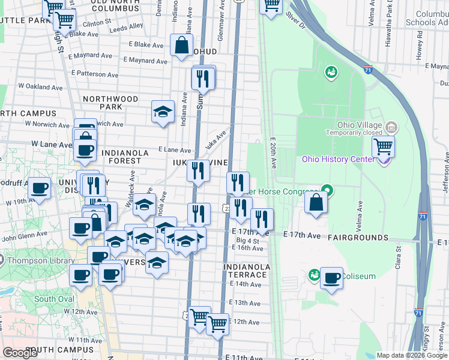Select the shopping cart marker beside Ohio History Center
point(383,146)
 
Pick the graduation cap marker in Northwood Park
point(162,111)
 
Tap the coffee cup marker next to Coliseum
point(331,278)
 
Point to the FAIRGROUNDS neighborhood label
point(358,238)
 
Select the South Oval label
point(53,299)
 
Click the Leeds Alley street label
point(127,26)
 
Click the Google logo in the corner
point(21,353)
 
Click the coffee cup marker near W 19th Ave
point(40,188)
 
